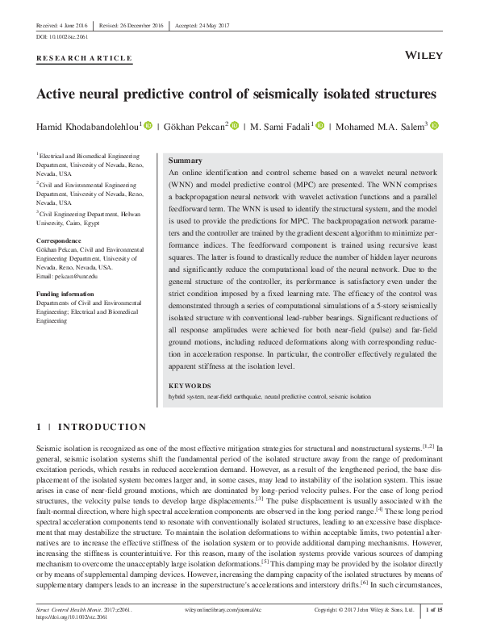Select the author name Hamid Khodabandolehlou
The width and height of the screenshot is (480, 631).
(89, 126)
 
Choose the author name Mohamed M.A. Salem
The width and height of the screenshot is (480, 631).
(382, 126)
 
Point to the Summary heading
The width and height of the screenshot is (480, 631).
(184, 161)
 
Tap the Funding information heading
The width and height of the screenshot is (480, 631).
(69, 294)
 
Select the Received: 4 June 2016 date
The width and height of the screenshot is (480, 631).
(62, 25)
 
